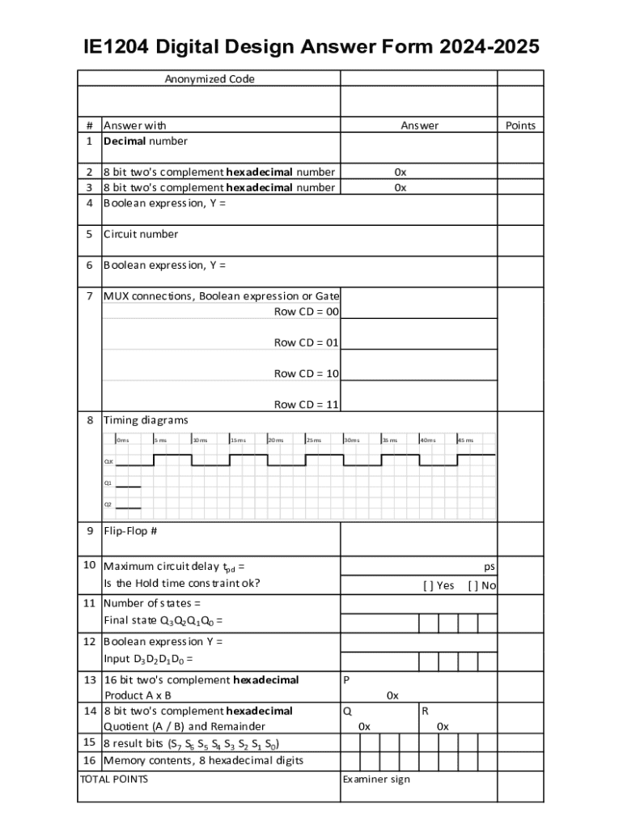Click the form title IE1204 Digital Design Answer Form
click(x=311, y=47)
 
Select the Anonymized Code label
click(x=210, y=79)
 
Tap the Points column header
click(x=520, y=125)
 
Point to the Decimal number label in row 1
click(x=145, y=141)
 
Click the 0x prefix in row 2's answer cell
click(x=400, y=172)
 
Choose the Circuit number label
click(x=141, y=234)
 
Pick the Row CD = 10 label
click(x=307, y=373)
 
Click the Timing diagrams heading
click(x=146, y=420)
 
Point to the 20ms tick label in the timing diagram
click(x=276, y=440)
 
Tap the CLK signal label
click(x=108, y=461)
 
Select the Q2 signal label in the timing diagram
click(x=108, y=504)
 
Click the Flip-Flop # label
click(x=130, y=531)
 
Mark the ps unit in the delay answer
click(x=489, y=568)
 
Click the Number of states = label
click(x=152, y=603)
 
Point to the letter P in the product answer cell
click(x=346, y=680)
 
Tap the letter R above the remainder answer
click(x=425, y=711)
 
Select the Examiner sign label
click(x=376, y=780)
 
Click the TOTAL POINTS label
click(x=114, y=780)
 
